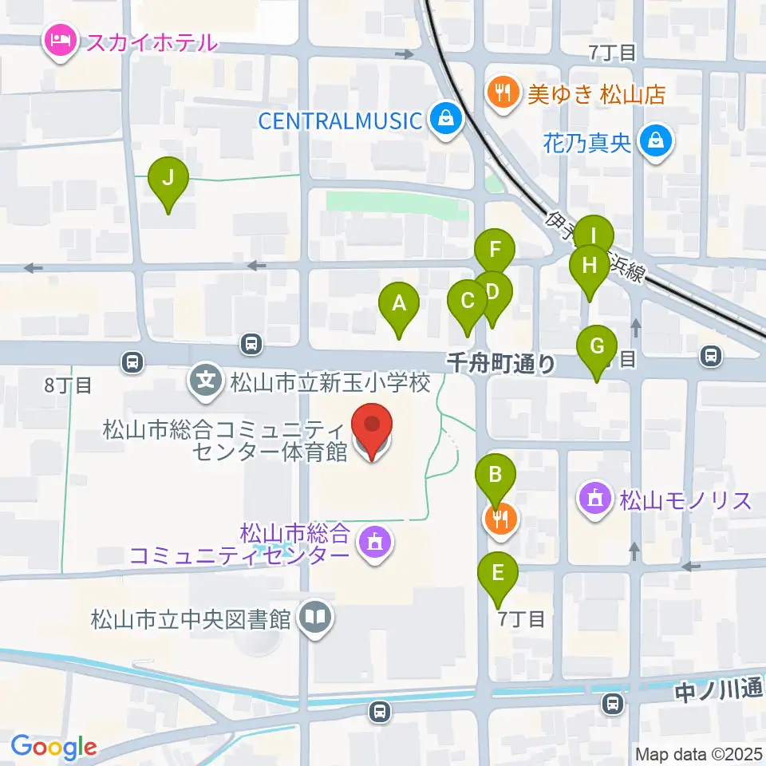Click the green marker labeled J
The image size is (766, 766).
click(x=168, y=179)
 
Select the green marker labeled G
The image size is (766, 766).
click(x=597, y=347)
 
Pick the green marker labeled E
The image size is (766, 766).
click(x=498, y=573)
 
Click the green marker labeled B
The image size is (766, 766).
click(x=496, y=477)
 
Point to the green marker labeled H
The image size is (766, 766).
click(x=590, y=265)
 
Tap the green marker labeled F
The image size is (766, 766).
click(x=496, y=249)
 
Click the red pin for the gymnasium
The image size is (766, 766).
click(x=373, y=429)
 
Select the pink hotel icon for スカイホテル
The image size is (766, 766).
click(x=61, y=41)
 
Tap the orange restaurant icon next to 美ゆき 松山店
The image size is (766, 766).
click(x=500, y=95)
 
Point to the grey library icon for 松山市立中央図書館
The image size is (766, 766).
click(x=316, y=618)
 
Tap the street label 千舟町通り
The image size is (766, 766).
click(x=501, y=364)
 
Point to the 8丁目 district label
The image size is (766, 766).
click(x=68, y=385)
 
